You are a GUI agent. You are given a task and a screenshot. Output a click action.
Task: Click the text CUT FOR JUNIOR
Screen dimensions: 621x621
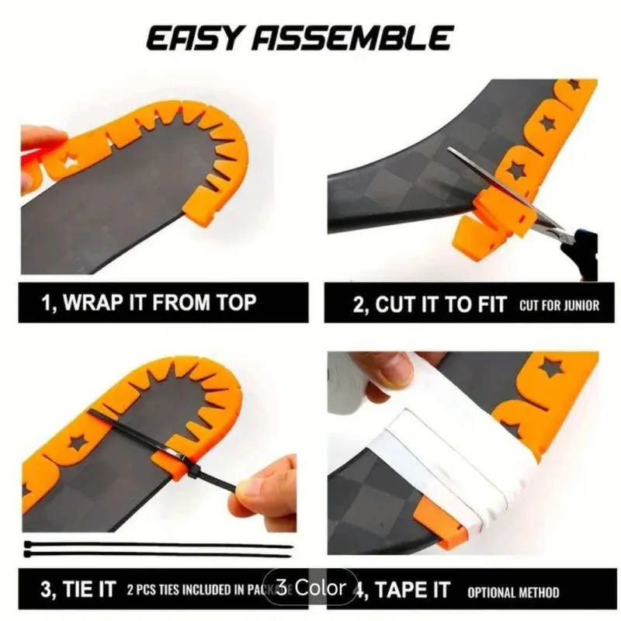[x=559, y=304]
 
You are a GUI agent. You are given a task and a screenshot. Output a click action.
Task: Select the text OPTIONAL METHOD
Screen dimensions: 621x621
[x=513, y=592]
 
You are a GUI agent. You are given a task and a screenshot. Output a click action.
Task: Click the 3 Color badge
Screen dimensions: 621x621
[x=310, y=587]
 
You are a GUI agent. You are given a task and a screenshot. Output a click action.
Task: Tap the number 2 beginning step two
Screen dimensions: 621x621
[x=359, y=304]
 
